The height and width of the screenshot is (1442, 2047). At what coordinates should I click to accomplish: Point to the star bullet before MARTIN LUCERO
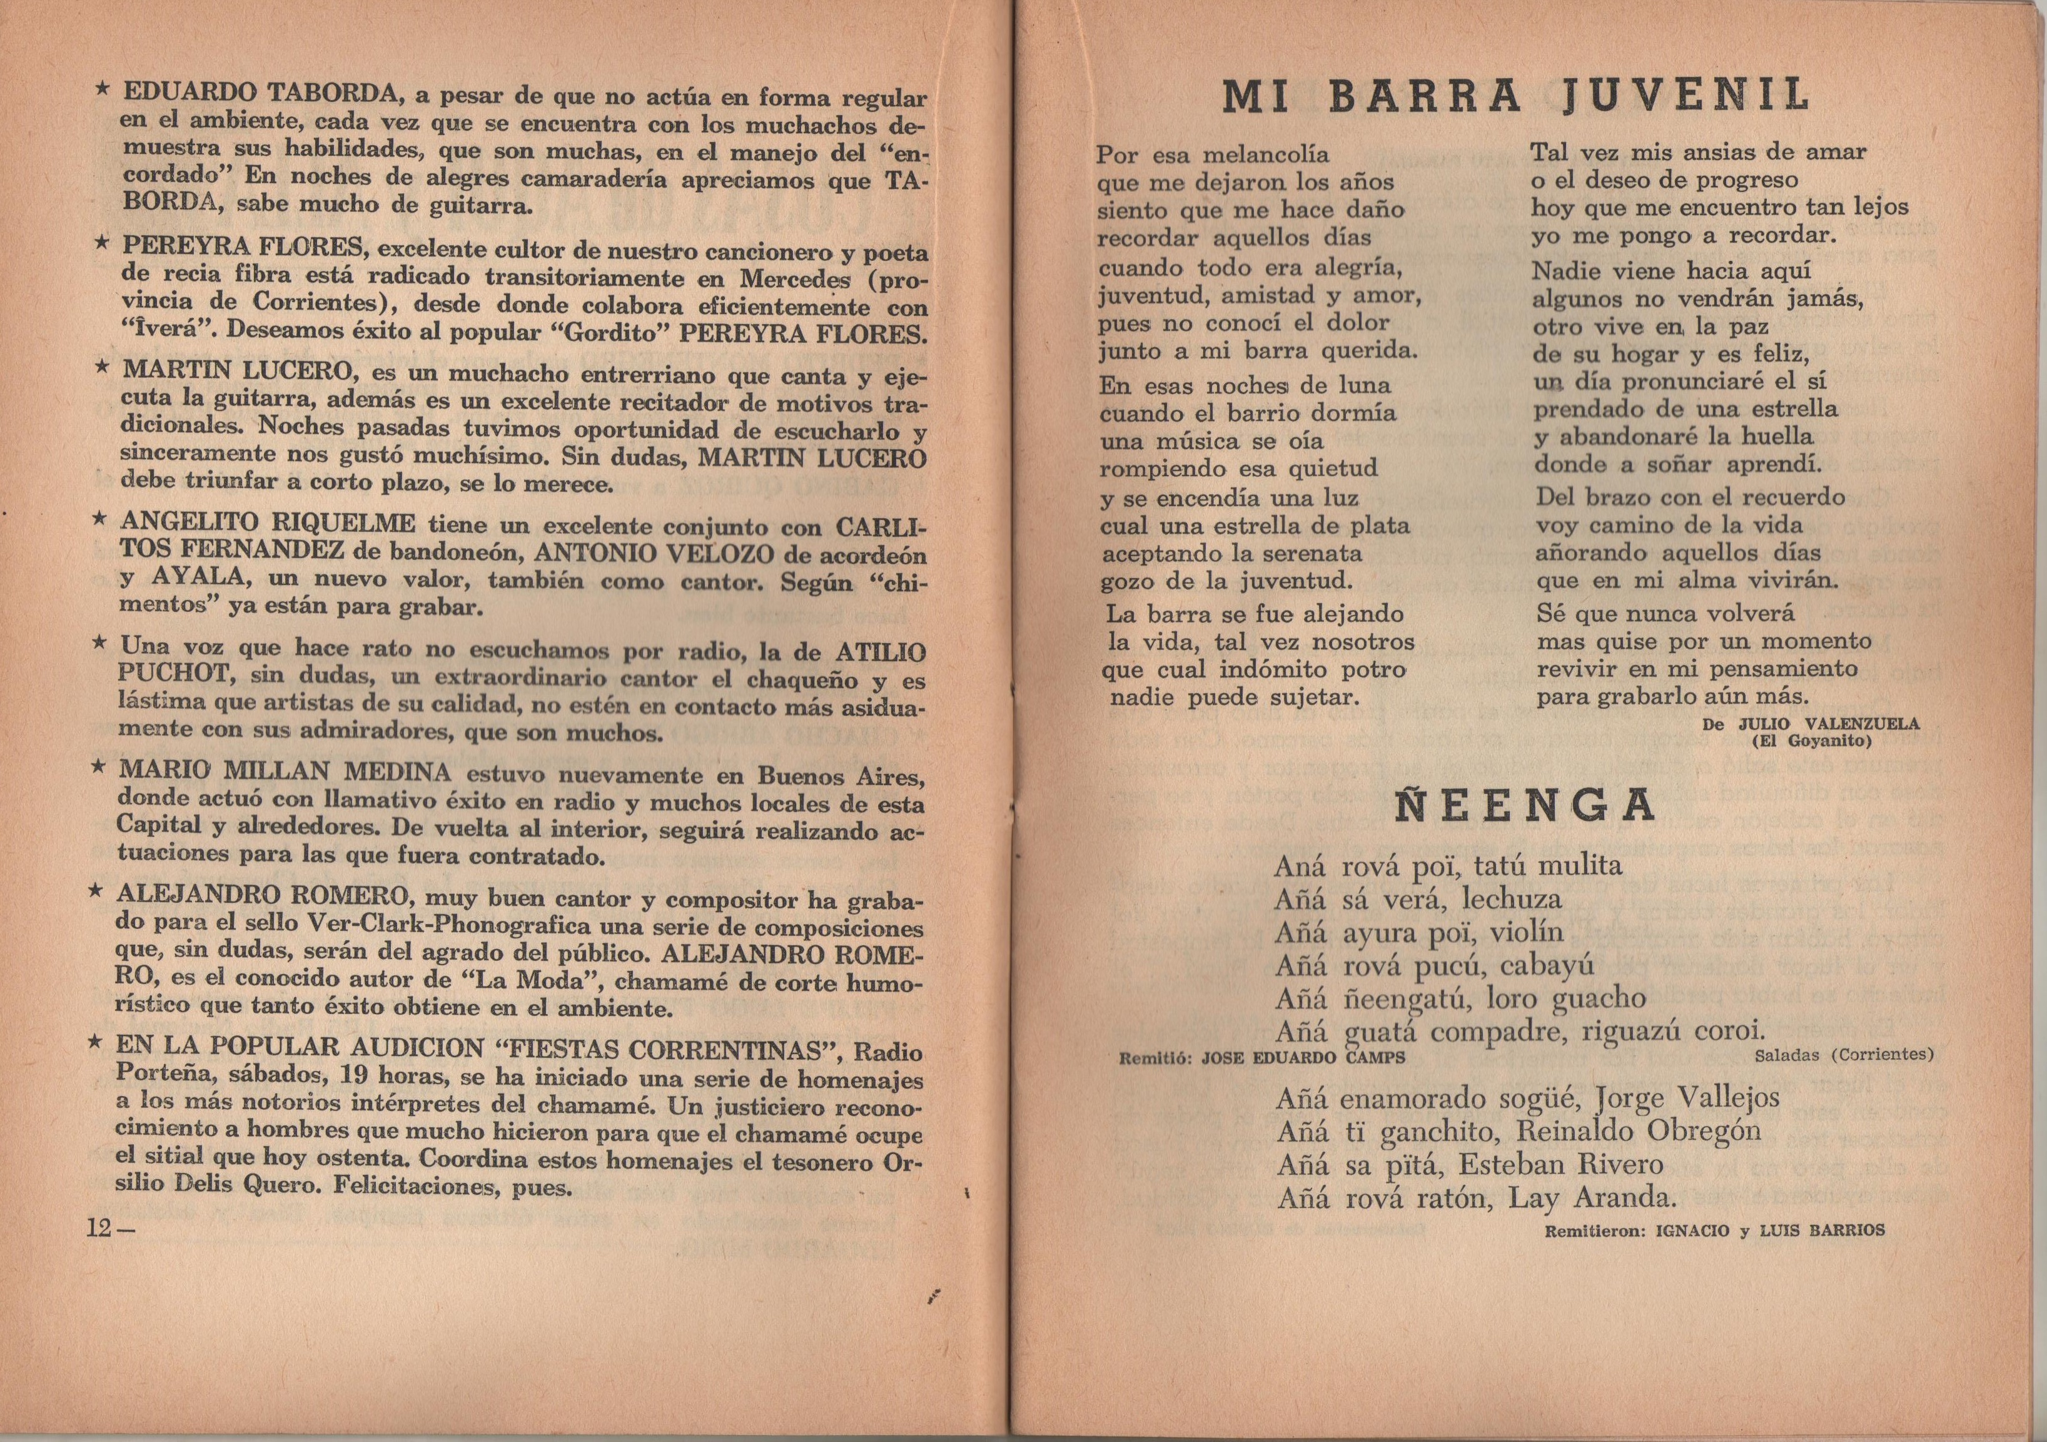[103, 367]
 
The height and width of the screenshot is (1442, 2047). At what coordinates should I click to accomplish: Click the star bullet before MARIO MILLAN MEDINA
[100, 767]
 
